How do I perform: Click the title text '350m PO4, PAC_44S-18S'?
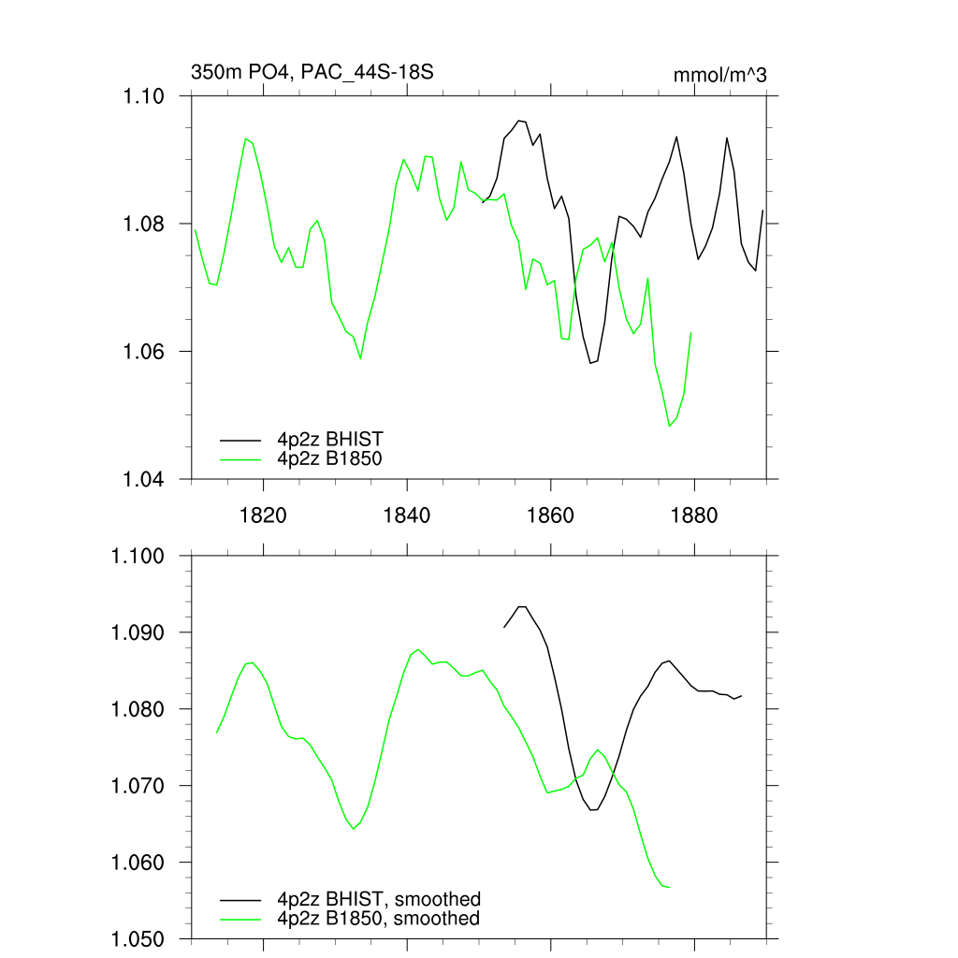[312, 72]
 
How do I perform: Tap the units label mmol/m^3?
[719, 75]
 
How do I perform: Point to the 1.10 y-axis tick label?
[144, 96]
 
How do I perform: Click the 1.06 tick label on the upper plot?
[144, 352]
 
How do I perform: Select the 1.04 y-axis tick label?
[144, 479]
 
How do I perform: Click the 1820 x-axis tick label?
[263, 516]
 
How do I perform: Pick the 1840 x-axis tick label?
[407, 516]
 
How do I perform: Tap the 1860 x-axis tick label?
[551, 516]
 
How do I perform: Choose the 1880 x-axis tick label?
[695, 516]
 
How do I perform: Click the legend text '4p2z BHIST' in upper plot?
[330, 439]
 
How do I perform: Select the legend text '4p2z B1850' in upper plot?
[330, 458]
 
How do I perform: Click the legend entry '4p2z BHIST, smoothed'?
[379, 900]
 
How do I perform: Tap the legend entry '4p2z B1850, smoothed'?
[379, 919]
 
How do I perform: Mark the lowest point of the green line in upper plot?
[670, 426]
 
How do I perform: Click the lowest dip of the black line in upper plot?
[590, 363]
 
